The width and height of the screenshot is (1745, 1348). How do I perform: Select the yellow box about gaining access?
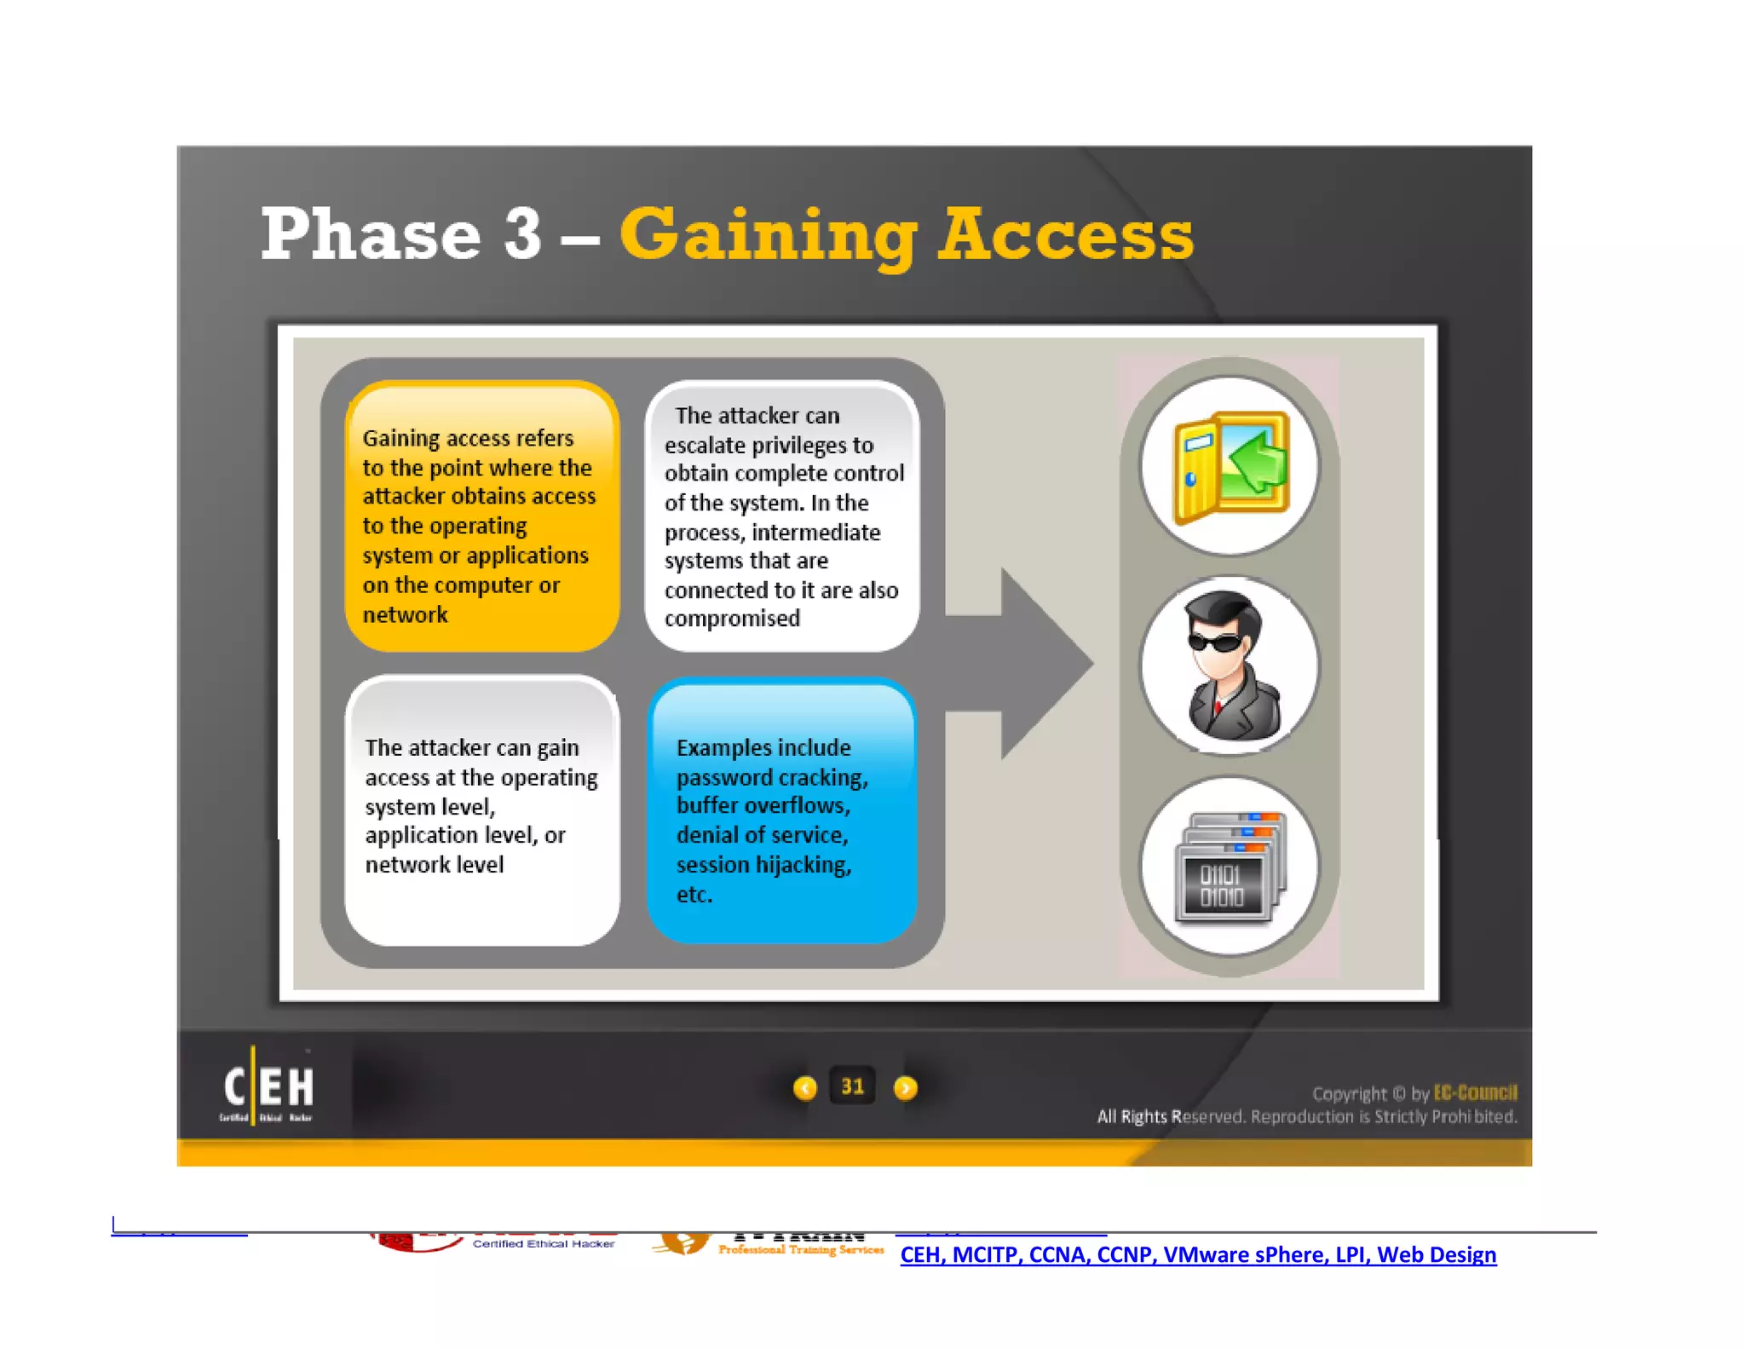click(x=481, y=516)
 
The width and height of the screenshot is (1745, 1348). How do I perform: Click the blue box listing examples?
click(x=781, y=811)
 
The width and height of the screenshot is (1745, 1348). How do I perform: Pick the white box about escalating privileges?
click(x=781, y=516)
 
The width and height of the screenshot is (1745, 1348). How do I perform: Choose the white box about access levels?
click(x=481, y=811)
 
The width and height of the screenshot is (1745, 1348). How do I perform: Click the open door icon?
click(x=1230, y=466)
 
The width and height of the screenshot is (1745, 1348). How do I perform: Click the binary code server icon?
click(x=1229, y=867)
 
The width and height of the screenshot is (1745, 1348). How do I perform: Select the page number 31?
click(x=852, y=1086)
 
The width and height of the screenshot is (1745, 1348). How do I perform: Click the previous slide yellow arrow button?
click(x=804, y=1088)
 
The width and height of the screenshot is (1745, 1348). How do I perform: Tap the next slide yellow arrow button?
click(x=905, y=1088)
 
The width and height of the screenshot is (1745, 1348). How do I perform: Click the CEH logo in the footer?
click(x=268, y=1087)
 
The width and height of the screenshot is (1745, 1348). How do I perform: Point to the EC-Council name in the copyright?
click(x=1475, y=1093)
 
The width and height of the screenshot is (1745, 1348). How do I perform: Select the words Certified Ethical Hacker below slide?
click(x=544, y=1244)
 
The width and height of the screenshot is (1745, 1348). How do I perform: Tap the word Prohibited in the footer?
click(x=1474, y=1116)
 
